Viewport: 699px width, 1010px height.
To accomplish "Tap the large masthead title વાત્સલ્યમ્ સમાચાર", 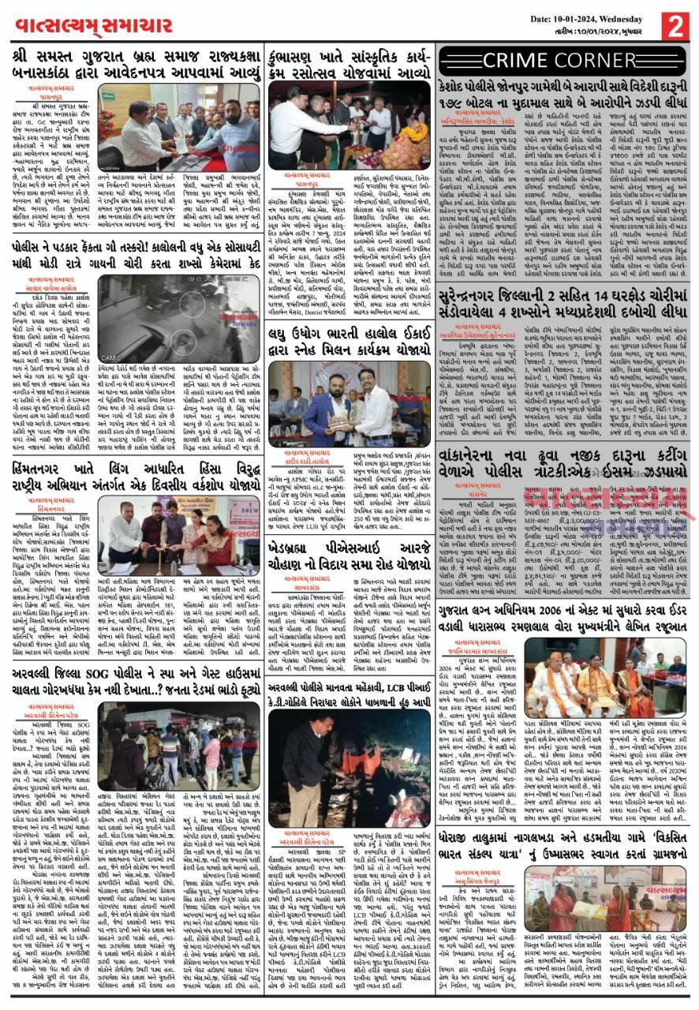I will pos(94,26).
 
